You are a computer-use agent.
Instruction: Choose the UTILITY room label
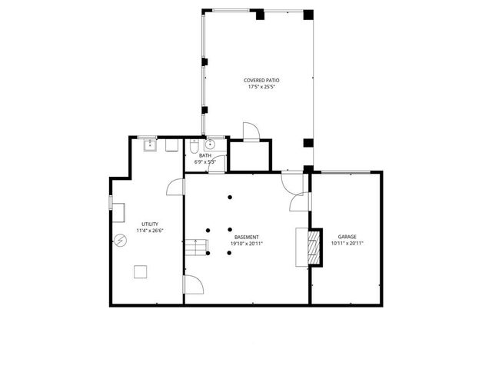coord(149,224)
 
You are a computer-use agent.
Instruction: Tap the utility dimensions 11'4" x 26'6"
coord(149,231)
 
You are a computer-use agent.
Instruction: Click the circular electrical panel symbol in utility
coord(121,240)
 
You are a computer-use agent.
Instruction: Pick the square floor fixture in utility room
coord(141,271)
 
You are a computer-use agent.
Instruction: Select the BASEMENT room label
coord(246,237)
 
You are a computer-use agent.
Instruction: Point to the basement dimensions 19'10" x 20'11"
coord(246,244)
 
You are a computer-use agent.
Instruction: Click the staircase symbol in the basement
coord(198,248)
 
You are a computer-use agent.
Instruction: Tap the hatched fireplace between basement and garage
coord(311,247)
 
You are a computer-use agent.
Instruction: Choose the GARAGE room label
coord(347,237)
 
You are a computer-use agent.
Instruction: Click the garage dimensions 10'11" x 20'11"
coord(347,244)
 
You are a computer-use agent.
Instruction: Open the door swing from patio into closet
coord(251,131)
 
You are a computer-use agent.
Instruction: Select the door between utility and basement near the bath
coord(176,186)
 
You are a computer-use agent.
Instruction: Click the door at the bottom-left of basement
coord(193,285)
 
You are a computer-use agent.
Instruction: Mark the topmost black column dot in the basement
coord(230,198)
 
